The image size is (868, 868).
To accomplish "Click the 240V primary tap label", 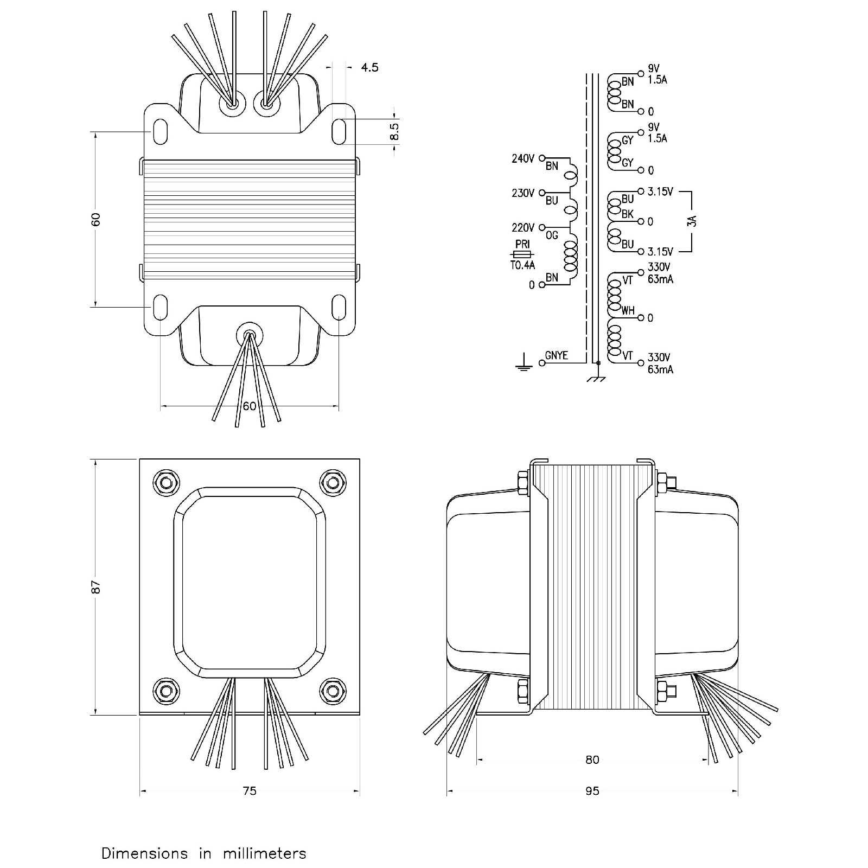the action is (523, 158).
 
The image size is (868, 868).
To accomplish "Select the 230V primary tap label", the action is (523, 193).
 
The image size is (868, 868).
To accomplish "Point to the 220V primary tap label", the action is (523, 227).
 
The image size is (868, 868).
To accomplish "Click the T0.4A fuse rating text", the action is (523, 265).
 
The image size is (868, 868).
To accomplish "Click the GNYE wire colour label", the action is (557, 355).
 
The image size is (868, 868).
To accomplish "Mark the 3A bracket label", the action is (692, 221).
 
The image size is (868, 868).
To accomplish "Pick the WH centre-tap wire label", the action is (628, 311).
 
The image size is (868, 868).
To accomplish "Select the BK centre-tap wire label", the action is (628, 214).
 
